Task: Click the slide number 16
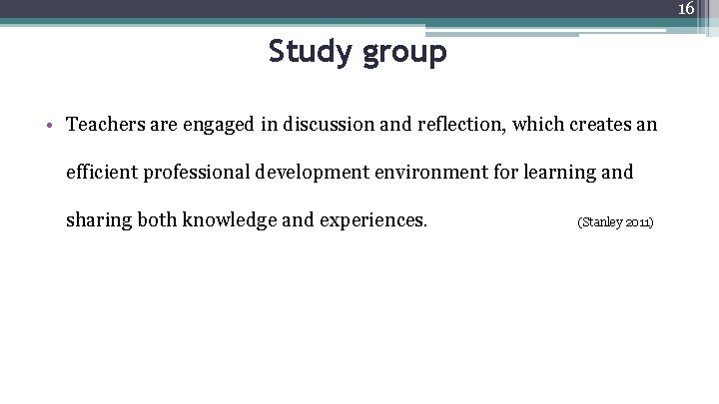coord(686,9)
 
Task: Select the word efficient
coord(102,173)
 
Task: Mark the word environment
coord(427,173)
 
